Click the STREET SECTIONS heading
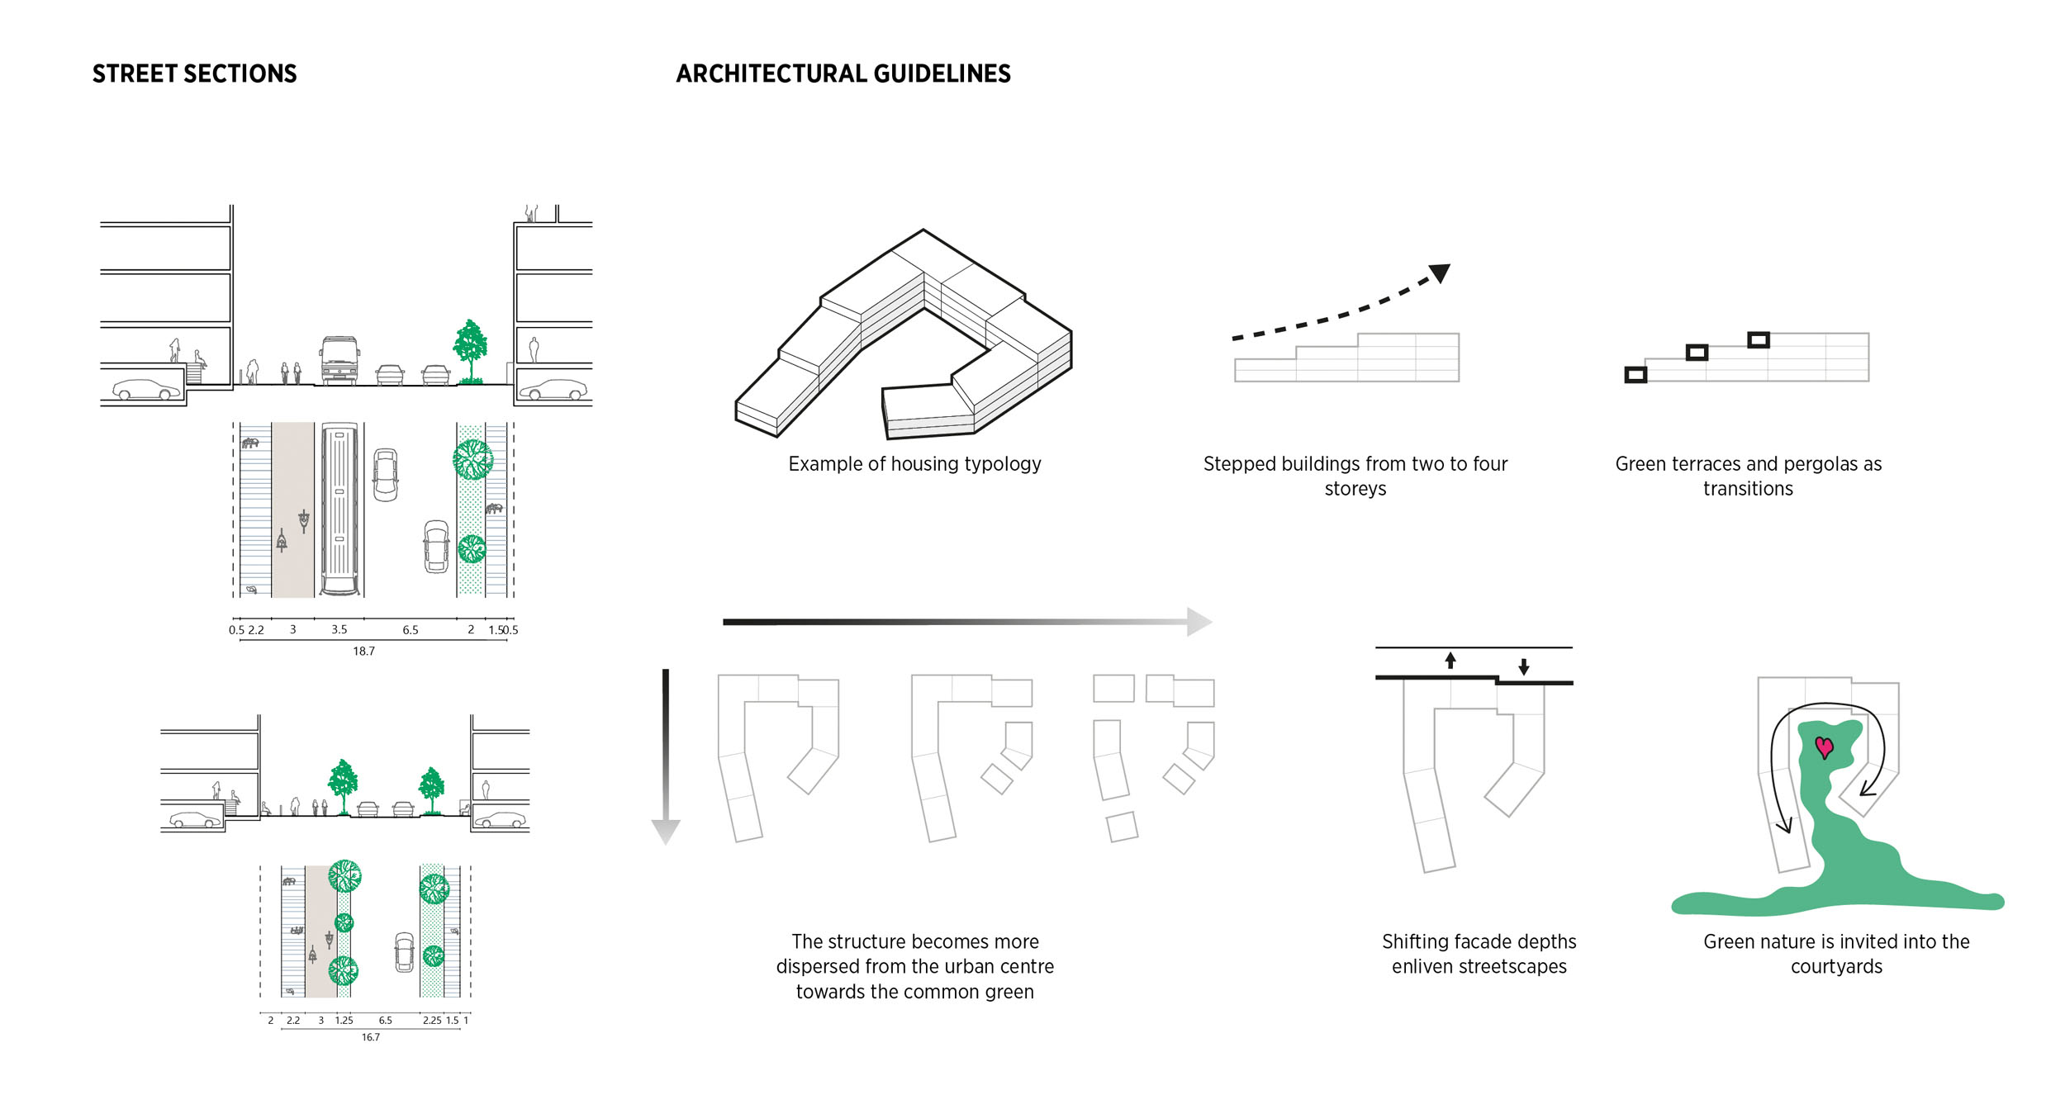coord(194,74)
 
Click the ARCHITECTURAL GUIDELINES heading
coord(843,74)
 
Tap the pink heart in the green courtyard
coord(1824,747)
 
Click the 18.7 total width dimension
coord(363,652)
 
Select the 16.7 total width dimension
coord(370,1037)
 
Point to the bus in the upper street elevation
coord(339,361)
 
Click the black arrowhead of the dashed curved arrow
coord(1440,273)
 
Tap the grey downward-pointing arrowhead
coord(665,831)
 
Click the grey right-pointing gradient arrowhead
coord(1199,622)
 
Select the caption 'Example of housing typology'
coord(914,464)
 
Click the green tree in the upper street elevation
coord(470,349)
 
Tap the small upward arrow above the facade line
coord(1450,661)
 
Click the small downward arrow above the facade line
coord(1524,666)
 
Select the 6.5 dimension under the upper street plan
coord(411,630)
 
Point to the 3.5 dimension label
coord(339,630)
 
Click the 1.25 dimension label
coord(344,1021)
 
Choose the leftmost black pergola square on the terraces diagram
coord(1635,375)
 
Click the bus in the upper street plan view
coord(339,510)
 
